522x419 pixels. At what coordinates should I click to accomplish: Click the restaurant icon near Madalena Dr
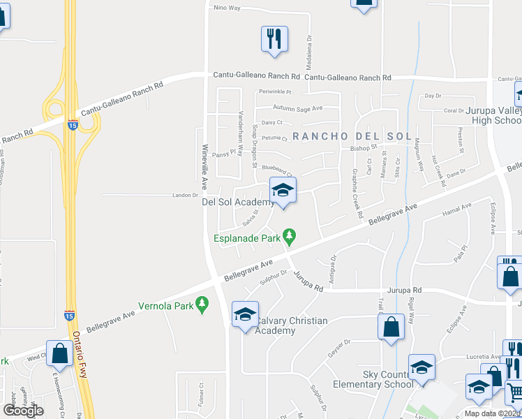click(x=274, y=38)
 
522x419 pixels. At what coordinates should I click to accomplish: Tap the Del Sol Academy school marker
click(x=283, y=189)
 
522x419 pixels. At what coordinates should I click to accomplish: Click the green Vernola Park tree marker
click(x=202, y=304)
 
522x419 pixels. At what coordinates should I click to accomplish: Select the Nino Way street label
click(x=227, y=8)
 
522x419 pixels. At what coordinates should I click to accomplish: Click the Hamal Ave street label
click(x=457, y=207)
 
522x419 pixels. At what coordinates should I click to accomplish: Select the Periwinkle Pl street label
click(x=274, y=91)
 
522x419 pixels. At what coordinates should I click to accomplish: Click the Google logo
click(x=23, y=411)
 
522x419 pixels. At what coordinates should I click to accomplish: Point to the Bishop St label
click(x=363, y=148)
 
